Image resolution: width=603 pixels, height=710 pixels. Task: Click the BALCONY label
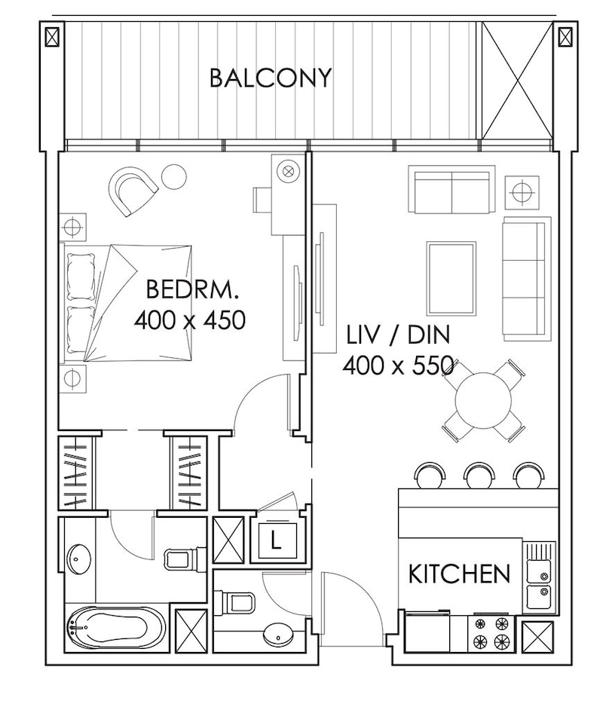coord(271,78)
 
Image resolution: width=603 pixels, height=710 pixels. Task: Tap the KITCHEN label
coord(459,574)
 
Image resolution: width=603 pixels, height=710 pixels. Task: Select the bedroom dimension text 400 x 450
coord(190,320)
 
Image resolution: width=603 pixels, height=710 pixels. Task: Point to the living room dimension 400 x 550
coord(399,365)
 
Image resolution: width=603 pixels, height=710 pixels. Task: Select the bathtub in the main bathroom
coord(115,627)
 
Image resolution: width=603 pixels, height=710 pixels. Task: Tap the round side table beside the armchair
coord(174,177)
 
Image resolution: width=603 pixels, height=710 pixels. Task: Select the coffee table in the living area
coord(451,278)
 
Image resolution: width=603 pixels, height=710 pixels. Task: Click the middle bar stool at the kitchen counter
coord(479,476)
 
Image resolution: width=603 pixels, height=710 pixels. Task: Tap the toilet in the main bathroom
coord(181,559)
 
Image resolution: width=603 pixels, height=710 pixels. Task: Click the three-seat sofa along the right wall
coord(526,278)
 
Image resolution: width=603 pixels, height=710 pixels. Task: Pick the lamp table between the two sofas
coord(522,192)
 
